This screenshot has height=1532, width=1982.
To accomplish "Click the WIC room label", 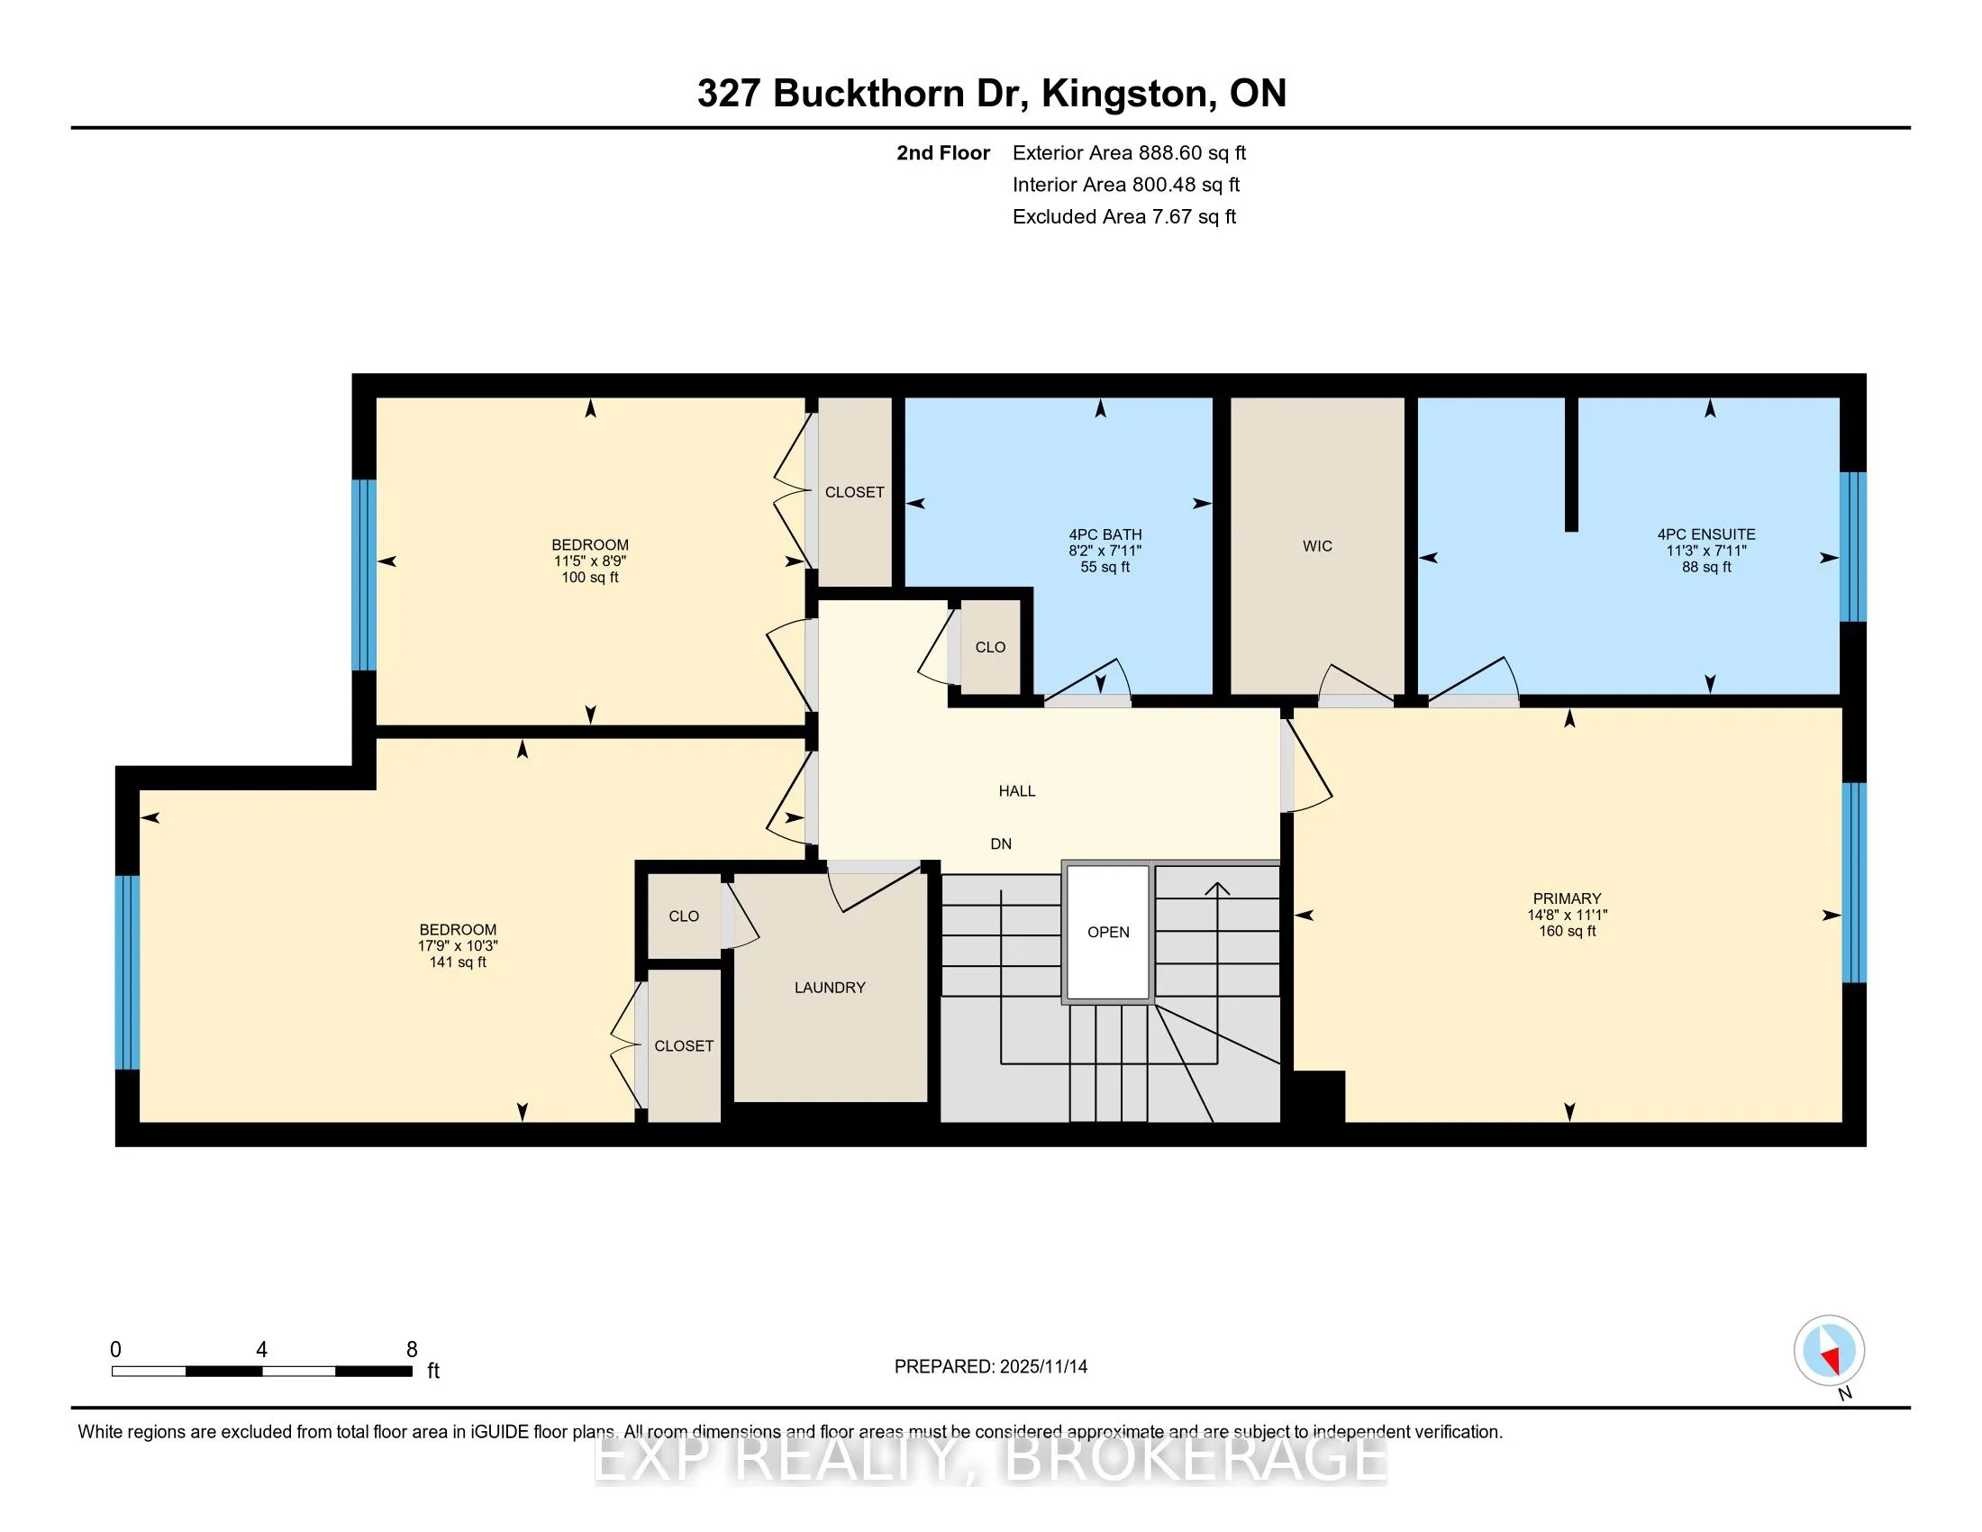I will pyautogui.click(x=1317, y=545).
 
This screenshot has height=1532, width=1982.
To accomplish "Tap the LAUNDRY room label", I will pyautogui.click(x=830, y=988).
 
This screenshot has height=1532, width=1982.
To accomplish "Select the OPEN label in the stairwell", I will pyautogui.click(x=1108, y=932).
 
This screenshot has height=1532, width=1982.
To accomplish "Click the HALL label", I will pyautogui.click(x=1016, y=790).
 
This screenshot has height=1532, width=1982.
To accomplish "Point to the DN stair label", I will pyautogui.click(x=1000, y=844).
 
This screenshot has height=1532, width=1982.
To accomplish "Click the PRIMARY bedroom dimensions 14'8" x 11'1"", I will pyautogui.click(x=1567, y=915).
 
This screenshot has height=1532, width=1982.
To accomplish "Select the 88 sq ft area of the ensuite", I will pyautogui.click(x=1706, y=567).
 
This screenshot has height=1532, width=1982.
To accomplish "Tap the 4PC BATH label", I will pyautogui.click(x=1105, y=534).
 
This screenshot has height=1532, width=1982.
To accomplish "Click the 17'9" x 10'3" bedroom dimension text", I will pyautogui.click(x=458, y=945).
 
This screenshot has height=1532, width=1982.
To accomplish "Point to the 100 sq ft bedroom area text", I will pyautogui.click(x=590, y=578).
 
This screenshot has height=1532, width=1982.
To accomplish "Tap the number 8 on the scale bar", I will pyautogui.click(x=411, y=1350).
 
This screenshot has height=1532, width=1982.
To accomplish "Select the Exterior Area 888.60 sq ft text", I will pyautogui.click(x=1129, y=152).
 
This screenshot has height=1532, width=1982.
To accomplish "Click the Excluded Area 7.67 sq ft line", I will pyautogui.click(x=1123, y=216).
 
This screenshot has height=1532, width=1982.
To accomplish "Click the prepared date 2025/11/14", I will pyautogui.click(x=1041, y=1367).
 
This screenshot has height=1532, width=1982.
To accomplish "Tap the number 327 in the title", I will pyautogui.click(x=728, y=94).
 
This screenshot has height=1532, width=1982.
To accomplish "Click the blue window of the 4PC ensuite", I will pyautogui.click(x=1852, y=546).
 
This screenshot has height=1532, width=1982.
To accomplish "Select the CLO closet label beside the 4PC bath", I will pyautogui.click(x=990, y=647).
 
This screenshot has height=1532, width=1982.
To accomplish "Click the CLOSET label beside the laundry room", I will pyautogui.click(x=684, y=1045).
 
